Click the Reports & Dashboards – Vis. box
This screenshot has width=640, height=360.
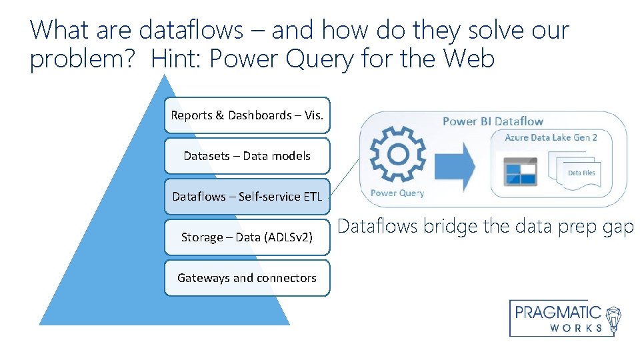pyautogui.click(x=247, y=115)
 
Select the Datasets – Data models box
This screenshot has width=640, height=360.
pyautogui.click(x=247, y=156)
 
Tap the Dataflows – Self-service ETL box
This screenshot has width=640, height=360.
pyautogui.click(x=247, y=197)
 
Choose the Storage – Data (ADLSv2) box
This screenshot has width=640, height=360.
pyautogui.click(x=247, y=237)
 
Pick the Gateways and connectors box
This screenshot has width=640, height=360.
pyautogui.click(x=247, y=278)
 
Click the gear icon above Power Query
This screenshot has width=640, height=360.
pyautogui.click(x=397, y=155)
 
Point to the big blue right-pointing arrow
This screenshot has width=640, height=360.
pyautogui.click(x=453, y=163)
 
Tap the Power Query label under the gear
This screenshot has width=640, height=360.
pyautogui.click(x=397, y=193)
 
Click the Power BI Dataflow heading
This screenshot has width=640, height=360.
pyautogui.click(x=493, y=121)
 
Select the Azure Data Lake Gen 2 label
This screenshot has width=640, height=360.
pyautogui.click(x=551, y=137)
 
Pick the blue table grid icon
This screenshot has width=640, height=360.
pyautogui.click(x=521, y=173)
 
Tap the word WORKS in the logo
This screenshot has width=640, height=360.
pyautogui.click(x=577, y=328)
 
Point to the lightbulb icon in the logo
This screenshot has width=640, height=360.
pyautogui.click(x=614, y=319)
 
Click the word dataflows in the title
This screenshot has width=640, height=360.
pyautogui.click(x=191, y=30)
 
